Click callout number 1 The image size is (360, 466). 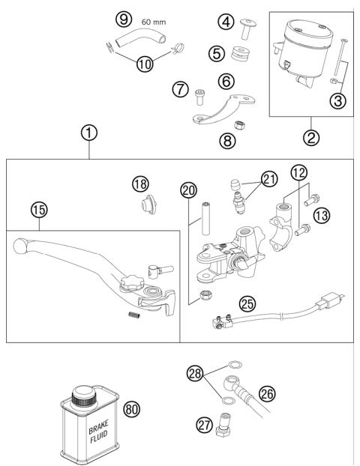tap(89, 133)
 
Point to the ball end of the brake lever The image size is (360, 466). tap(20, 244)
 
